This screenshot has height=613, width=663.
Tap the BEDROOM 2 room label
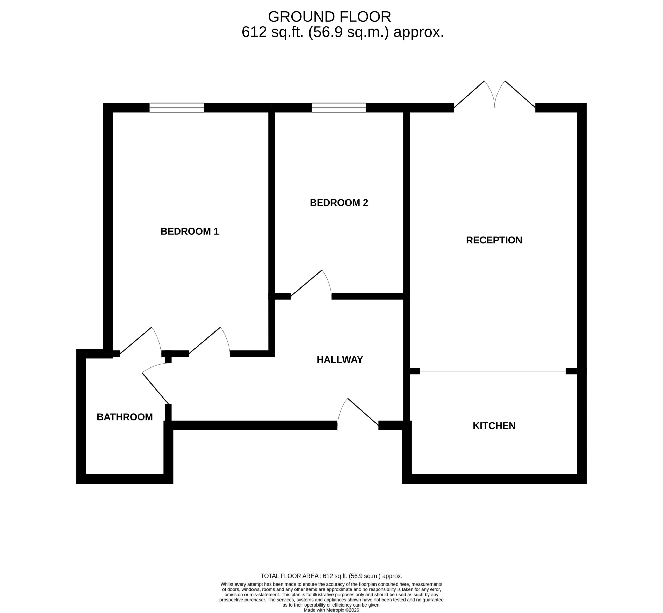[339, 203]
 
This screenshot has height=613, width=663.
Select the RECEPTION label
[494, 240]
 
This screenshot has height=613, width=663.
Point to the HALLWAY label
[340, 359]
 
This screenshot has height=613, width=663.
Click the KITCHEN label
[494, 426]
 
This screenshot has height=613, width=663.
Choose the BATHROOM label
[125, 417]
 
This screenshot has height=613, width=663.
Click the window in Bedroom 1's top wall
[176, 107]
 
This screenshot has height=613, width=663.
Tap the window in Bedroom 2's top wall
[339, 107]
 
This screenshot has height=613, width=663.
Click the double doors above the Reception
[494, 94]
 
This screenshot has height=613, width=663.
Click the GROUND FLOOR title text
[329, 17]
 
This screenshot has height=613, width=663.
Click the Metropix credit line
[331, 610]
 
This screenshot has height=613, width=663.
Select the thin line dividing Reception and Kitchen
[493, 371]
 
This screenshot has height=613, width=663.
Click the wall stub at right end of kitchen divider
[572, 371]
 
